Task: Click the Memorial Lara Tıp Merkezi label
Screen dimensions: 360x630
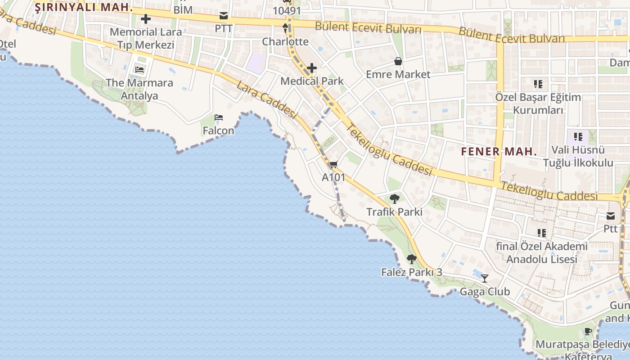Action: pyautogui.click(x=146, y=38)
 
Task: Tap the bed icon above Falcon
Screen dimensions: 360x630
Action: pyautogui.click(x=219, y=118)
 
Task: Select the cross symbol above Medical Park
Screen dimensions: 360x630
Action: pyautogui.click(x=311, y=68)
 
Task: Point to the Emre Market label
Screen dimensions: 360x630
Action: pyautogui.click(x=398, y=74)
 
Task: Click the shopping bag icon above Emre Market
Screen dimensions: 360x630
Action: pyautogui.click(x=398, y=61)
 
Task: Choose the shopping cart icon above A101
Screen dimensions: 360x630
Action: pyautogui.click(x=333, y=165)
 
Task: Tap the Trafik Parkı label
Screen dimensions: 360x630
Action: pyautogui.click(x=394, y=211)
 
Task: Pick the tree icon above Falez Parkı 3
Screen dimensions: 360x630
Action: pyautogui.click(x=411, y=259)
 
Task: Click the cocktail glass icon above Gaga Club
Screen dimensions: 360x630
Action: pyautogui.click(x=485, y=279)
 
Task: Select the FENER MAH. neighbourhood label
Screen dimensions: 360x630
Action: pyautogui.click(x=499, y=152)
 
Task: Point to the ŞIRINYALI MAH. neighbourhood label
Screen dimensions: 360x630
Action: pyautogui.click(x=84, y=7)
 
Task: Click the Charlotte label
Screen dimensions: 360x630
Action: pyautogui.click(x=285, y=42)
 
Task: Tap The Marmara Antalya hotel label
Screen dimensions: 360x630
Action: pyautogui.click(x=139, y=89)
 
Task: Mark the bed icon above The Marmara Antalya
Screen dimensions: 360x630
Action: pyautogui.click(x=139, y=70)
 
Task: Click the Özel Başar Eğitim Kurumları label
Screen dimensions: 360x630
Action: pyautogui.click(x=538, y=103)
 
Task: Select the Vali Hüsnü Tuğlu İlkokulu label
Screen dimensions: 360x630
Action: pyautogui.click(x=578, y=156)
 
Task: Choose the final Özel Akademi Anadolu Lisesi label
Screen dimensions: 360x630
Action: pyautogui.click(x=542, y=253)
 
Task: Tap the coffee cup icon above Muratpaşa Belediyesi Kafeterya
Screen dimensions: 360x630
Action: pyautogui.click(x=588, y=332)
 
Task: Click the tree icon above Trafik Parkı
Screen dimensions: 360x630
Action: pyautogui.click(x=395, y=198)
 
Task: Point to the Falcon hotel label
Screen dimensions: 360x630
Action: pyautogui.click(x=219, y=130)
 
